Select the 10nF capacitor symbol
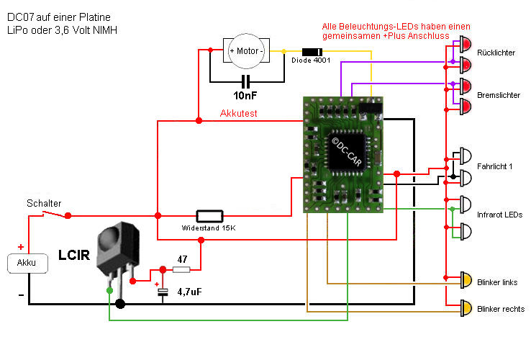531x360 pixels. [x=246, y=81]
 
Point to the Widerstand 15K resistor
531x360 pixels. [x=209, y=215]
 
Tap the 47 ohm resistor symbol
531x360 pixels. [x=181, y=269]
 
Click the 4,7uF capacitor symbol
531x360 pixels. [x=163, y=290]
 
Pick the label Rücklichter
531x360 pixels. [x=496, y=53]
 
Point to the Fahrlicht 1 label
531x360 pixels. [x=495, y=166]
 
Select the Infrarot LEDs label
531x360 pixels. [x=499, y=215]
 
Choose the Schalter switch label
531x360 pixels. [x=44, y=203]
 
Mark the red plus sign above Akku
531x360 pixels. [x=21, y=246]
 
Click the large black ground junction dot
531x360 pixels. [x=120, y=304]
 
